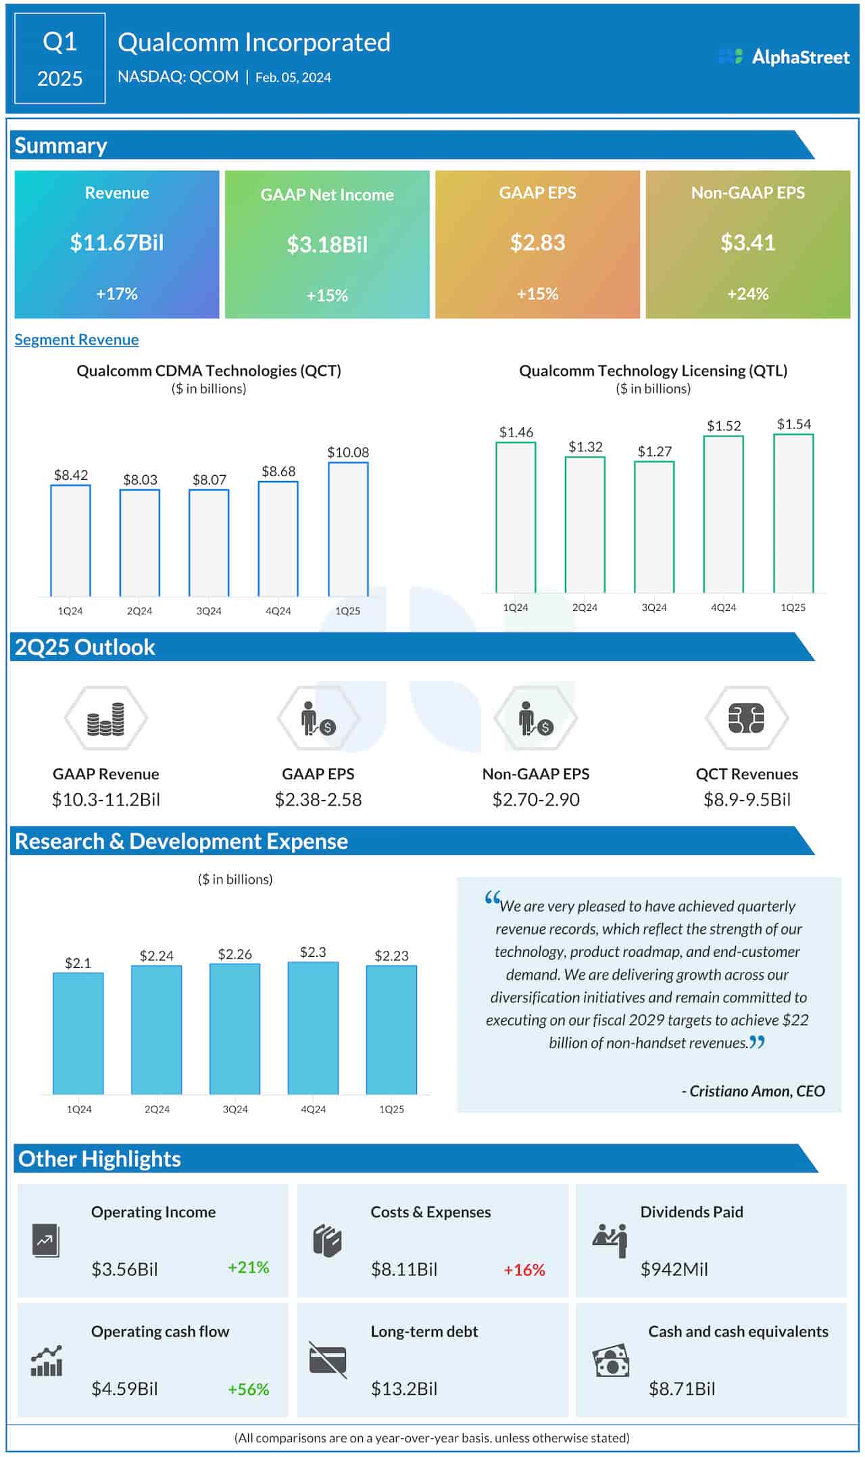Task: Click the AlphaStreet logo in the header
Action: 783,57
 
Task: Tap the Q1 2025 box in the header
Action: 59,59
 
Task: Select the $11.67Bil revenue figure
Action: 117,243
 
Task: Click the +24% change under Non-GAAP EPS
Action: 747,294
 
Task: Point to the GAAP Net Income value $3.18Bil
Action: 327,245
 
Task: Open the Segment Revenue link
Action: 76,340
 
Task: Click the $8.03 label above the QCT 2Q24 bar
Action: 140,480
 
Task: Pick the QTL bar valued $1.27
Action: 653,527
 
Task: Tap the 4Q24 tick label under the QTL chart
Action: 723,608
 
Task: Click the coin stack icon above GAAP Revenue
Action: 105,719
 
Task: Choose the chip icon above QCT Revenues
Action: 746,718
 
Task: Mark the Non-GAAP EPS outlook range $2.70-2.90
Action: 536,799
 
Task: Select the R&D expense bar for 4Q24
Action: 313,1027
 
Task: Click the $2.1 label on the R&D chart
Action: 78,963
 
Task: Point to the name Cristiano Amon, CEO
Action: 753,1091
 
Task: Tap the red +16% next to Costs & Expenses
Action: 524,1270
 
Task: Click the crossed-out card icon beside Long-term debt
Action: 328,1360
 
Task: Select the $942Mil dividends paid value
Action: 674,1269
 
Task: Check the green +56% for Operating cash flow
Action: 248,1389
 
